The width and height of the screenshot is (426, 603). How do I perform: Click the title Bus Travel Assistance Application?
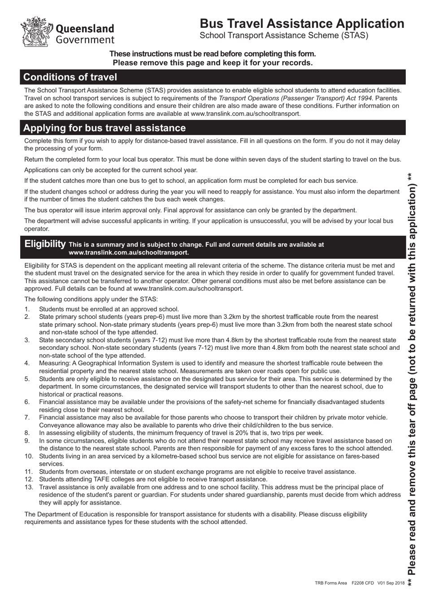click(x=301, y=23)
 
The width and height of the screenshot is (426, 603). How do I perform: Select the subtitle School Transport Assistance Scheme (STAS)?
click(x=284, y=35)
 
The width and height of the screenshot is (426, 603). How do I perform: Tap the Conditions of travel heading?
click(x=70, y=77)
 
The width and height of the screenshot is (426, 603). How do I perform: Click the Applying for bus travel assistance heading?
click(x=104, y=128)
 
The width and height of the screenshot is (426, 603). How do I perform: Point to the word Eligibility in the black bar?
click(x=45, y=244)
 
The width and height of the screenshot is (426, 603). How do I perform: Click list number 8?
click(x=27, y=433)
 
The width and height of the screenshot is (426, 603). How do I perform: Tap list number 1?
click(x=27, y=309)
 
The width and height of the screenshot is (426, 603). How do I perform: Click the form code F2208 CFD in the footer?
click(x=363, y=583)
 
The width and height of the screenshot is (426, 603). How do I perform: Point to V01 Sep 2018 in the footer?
click(x=391, y=583)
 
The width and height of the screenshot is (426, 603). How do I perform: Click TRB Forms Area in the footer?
click(x=330, y=583)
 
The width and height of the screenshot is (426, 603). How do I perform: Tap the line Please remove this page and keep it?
click(x=213, y=63)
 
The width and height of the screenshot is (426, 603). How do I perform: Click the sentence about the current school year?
click(x=111, y=170)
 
